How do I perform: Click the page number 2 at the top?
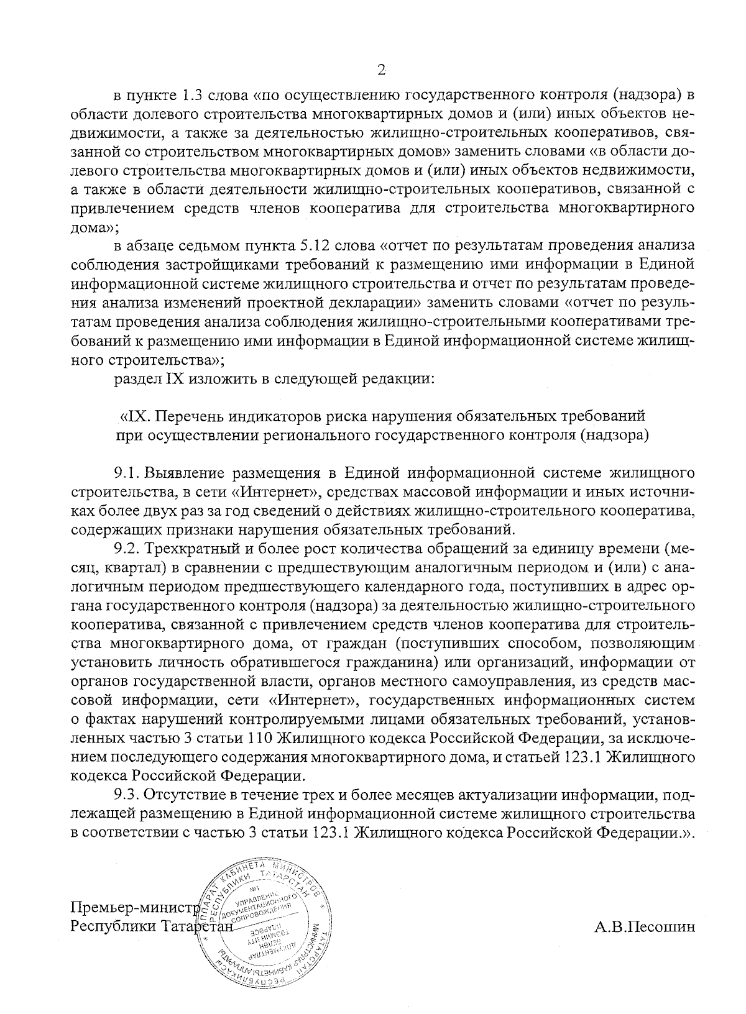pos(382,70)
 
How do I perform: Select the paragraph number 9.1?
pos(127,473)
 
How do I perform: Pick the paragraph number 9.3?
pos(128,795)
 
